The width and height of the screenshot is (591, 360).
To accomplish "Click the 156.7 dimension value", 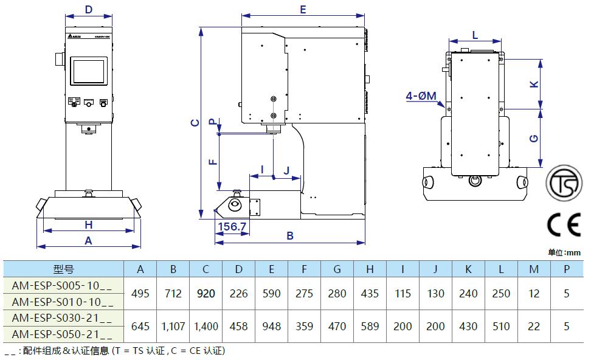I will tap(231, 227).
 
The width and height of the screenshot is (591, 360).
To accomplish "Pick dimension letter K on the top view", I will tap(534, 84).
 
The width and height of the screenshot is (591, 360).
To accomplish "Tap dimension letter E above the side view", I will tap(303, 10).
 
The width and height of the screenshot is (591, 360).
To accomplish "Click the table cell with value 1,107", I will tap(173, 327).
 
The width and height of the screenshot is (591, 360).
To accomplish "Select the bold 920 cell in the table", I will tap(206, 294).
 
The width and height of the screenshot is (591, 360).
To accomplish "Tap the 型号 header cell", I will tap(63, 269).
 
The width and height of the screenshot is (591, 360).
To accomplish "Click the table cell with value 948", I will tap(271, 327).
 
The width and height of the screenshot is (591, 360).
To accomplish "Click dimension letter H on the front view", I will tap(88, 225).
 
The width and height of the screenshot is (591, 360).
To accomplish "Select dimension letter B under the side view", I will tap(290, 235).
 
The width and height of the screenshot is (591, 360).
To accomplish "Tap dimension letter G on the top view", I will tap(534, 138).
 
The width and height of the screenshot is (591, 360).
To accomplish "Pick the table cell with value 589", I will tap(370, 327).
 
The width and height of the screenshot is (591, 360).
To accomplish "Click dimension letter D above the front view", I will tap(89, 10).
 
